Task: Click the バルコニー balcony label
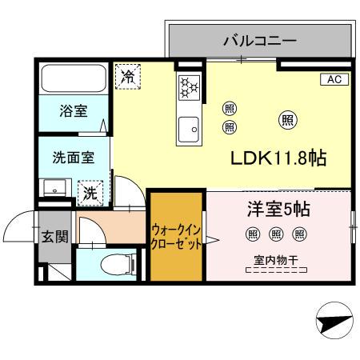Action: point(260,40)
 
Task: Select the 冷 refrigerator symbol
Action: point(126,76)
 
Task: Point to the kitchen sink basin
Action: point(190,127)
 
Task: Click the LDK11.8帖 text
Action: point(278,158)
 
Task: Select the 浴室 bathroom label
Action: point(74,111)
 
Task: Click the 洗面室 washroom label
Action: point(73,158)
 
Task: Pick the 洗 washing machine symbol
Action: point(90,192)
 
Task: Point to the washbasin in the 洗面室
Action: point(55,190)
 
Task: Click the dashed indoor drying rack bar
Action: point(277,272)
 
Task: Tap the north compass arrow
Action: point(332,324)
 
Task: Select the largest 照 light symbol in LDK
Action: point(287,120)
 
